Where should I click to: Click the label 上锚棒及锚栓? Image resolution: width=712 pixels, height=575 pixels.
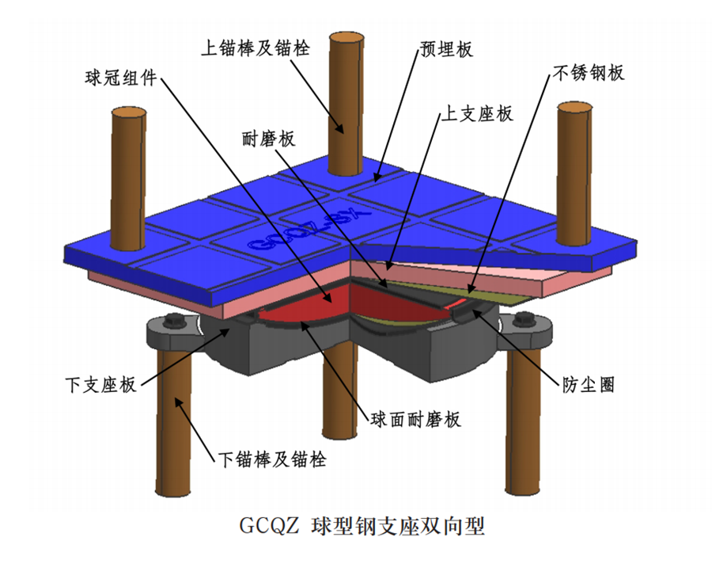pyautogui.click(x=254, y=46)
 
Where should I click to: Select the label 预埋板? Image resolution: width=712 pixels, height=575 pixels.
pyautogui.click(x=445, y=50)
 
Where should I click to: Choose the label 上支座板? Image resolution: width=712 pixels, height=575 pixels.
pyautogui.click(x=475, y=113)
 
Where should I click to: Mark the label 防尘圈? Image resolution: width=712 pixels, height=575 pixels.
pyautogui.click(x=585, y=385)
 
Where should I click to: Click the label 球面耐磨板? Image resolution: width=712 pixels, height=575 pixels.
pyautogui.click(x=415, y=419)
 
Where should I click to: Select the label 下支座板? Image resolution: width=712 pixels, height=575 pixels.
pyautogui.click(x=100, y=385)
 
